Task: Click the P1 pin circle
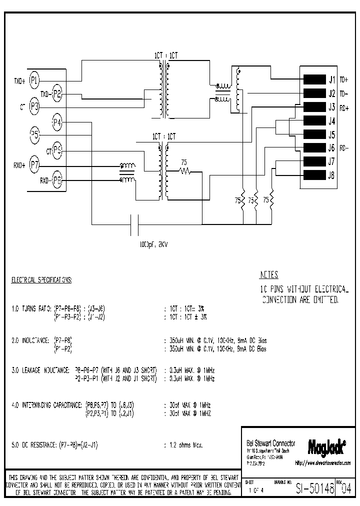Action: coord(34,79)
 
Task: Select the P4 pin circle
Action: coord(57,122)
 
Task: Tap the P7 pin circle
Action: coord(34,164)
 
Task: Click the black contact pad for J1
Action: coord(314,79)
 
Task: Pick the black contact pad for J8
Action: coord(314,175)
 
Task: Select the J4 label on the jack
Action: coord(331,120)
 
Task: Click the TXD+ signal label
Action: coord(18,80)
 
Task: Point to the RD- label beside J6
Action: coord(344,148)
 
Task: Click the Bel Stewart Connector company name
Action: coord(271,443)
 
